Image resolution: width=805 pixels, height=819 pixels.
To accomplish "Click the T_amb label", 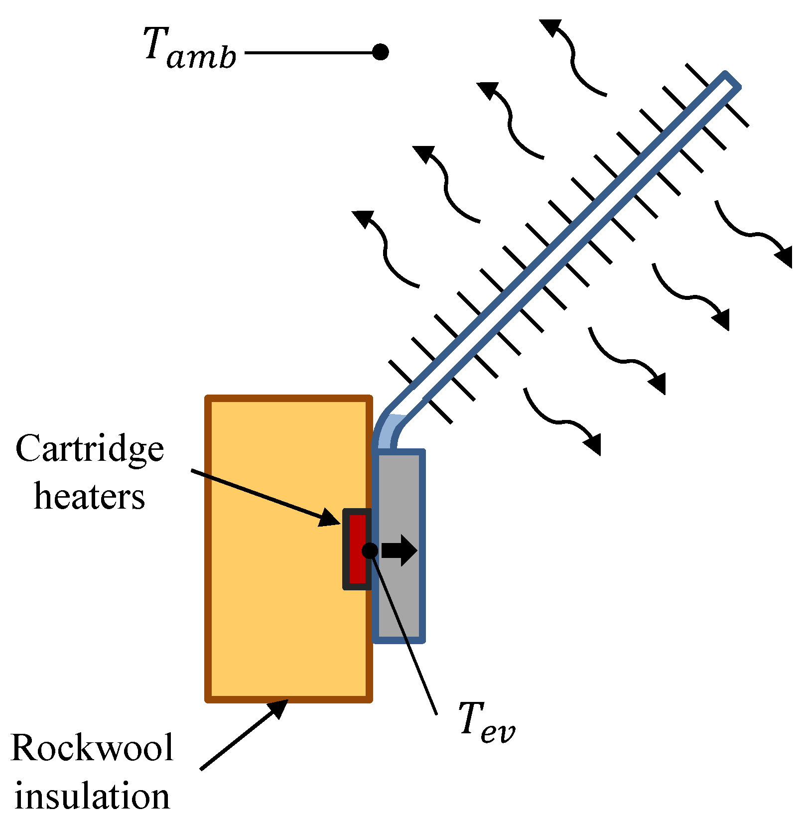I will click(x=189, y=49).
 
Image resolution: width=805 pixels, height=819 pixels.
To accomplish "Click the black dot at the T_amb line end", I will click(x=380, y=52).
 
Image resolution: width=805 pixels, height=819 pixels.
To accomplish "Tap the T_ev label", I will click(x=486, y=722).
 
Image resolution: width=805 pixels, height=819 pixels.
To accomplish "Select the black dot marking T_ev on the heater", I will click(x=370, y=550).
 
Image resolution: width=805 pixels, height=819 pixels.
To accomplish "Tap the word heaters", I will click(x=90, y=497).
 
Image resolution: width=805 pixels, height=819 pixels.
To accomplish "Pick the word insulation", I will click(x=92, y=796).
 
